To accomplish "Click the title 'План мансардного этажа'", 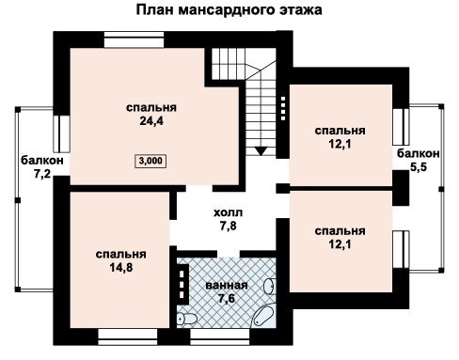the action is [x=229, y=9].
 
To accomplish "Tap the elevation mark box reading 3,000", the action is [x=150, y=161].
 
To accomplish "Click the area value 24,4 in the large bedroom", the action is [x=151, y=121].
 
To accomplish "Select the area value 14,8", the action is [x=120, y=267].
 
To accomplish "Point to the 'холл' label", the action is [x=228, y=212].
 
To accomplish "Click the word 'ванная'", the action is [x=227, y=286].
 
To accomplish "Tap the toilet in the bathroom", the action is [x=187, y=319].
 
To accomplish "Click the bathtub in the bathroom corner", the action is [x=264, y=314].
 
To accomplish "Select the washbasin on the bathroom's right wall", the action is [x=269, y=286].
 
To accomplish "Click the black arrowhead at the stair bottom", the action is [x=261, y=151].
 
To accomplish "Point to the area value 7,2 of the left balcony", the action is [x=42, y=174].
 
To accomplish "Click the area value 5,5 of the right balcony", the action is [x=419, y=166].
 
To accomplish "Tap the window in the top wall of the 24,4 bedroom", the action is [x=134, y=39].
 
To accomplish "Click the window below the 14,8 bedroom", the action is [x=128, y=337].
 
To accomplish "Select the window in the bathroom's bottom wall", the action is [x=220, y=337].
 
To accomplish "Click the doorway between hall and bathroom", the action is [x=229, y=254].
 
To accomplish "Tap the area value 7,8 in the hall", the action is [x=228, y=226].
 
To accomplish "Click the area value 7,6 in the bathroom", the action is [x=227, y=298].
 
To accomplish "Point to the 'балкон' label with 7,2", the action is [x=42, y=161].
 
